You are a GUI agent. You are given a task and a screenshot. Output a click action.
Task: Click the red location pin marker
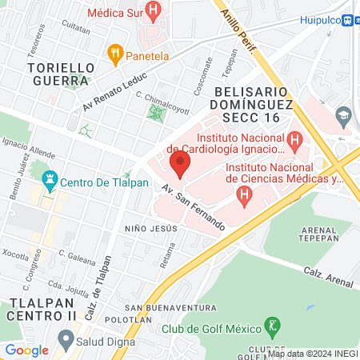[180, 166]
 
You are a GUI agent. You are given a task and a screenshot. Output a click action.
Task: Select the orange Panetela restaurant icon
[115, 55]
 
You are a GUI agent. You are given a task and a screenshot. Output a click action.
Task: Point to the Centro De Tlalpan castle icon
[50, 180]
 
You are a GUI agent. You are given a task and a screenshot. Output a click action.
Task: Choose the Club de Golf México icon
[274, 327]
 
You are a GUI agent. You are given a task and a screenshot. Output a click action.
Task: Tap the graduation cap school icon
[343, 114]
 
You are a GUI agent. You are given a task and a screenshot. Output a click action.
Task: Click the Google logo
[26, 350]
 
